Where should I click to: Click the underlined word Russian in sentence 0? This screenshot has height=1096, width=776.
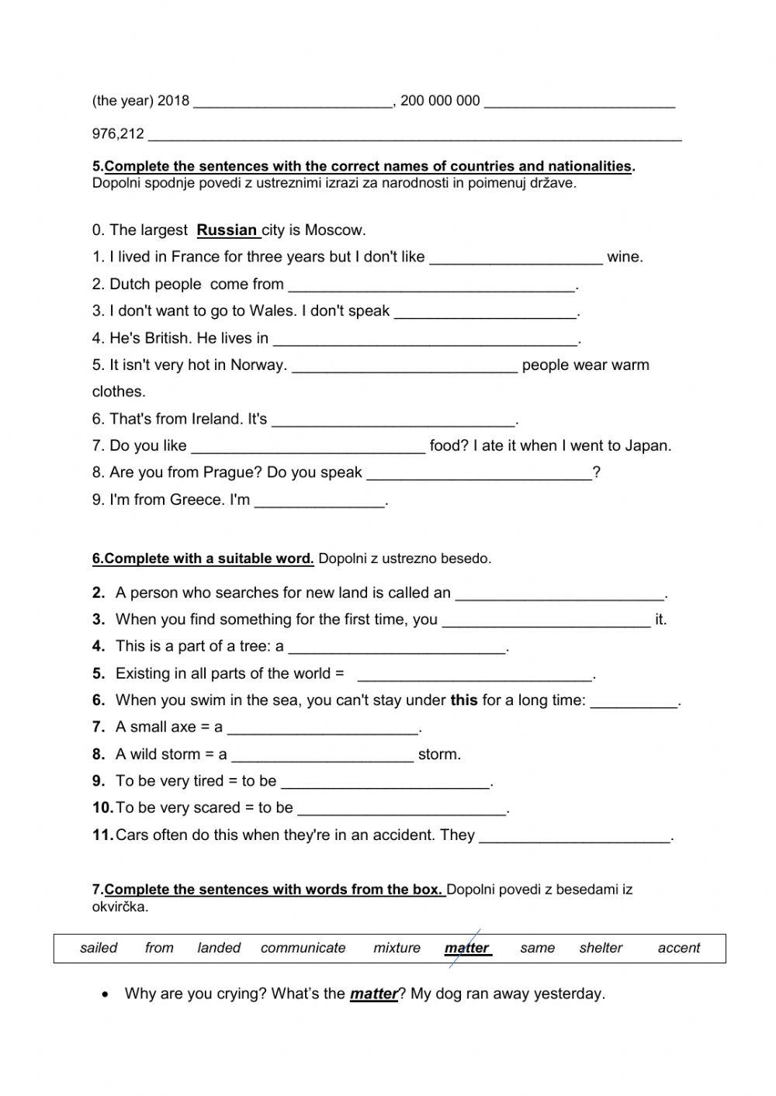click(227, 230)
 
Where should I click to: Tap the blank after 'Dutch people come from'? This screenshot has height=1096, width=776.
click(431, 285)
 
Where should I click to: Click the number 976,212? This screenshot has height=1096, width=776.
click(118, 134)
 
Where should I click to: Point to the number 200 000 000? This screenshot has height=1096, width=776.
click(440, 101)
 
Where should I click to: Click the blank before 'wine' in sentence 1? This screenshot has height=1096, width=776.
click(515, 258)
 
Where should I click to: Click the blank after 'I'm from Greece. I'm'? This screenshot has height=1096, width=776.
click(320, 501)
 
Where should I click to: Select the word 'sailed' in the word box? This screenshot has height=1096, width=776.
click(99, 948)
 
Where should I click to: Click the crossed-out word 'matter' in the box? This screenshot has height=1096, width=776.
click(466, 948)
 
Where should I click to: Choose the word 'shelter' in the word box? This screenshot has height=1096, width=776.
click(601, 948)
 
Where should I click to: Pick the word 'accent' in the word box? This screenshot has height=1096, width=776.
click(678, 948)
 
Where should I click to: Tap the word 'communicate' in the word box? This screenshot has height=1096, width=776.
click(303, 948)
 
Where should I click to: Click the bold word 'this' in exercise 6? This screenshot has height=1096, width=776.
click(463, 700)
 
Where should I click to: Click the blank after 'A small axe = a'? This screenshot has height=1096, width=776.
click(323, 728)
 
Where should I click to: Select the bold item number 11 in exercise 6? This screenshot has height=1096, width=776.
click(102, 835)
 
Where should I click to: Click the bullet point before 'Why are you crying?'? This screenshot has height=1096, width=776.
click(105, 994)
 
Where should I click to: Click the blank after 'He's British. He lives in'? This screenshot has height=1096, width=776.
click(426, 340)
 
